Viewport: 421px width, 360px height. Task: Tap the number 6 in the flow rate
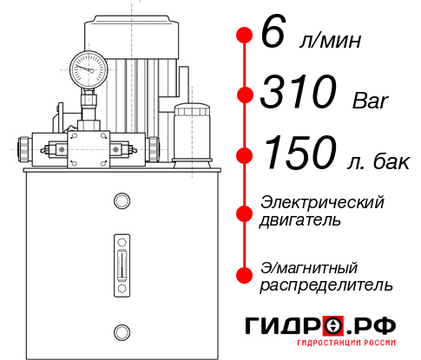point(272,35)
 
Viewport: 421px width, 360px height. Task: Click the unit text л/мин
point(326,41)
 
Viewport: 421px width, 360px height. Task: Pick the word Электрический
point(322,202)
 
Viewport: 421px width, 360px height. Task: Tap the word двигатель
point(300,220)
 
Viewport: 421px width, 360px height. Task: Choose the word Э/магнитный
point(310,266)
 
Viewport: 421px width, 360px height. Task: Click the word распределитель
point(326,284)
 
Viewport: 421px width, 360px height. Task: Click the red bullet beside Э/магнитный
point(244,274)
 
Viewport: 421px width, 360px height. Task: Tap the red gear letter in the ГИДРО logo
point(334,325)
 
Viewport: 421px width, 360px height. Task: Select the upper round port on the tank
point(121,202)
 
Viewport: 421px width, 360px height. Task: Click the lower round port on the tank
point(121,330)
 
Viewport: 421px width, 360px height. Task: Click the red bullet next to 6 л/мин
point(244,35)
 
